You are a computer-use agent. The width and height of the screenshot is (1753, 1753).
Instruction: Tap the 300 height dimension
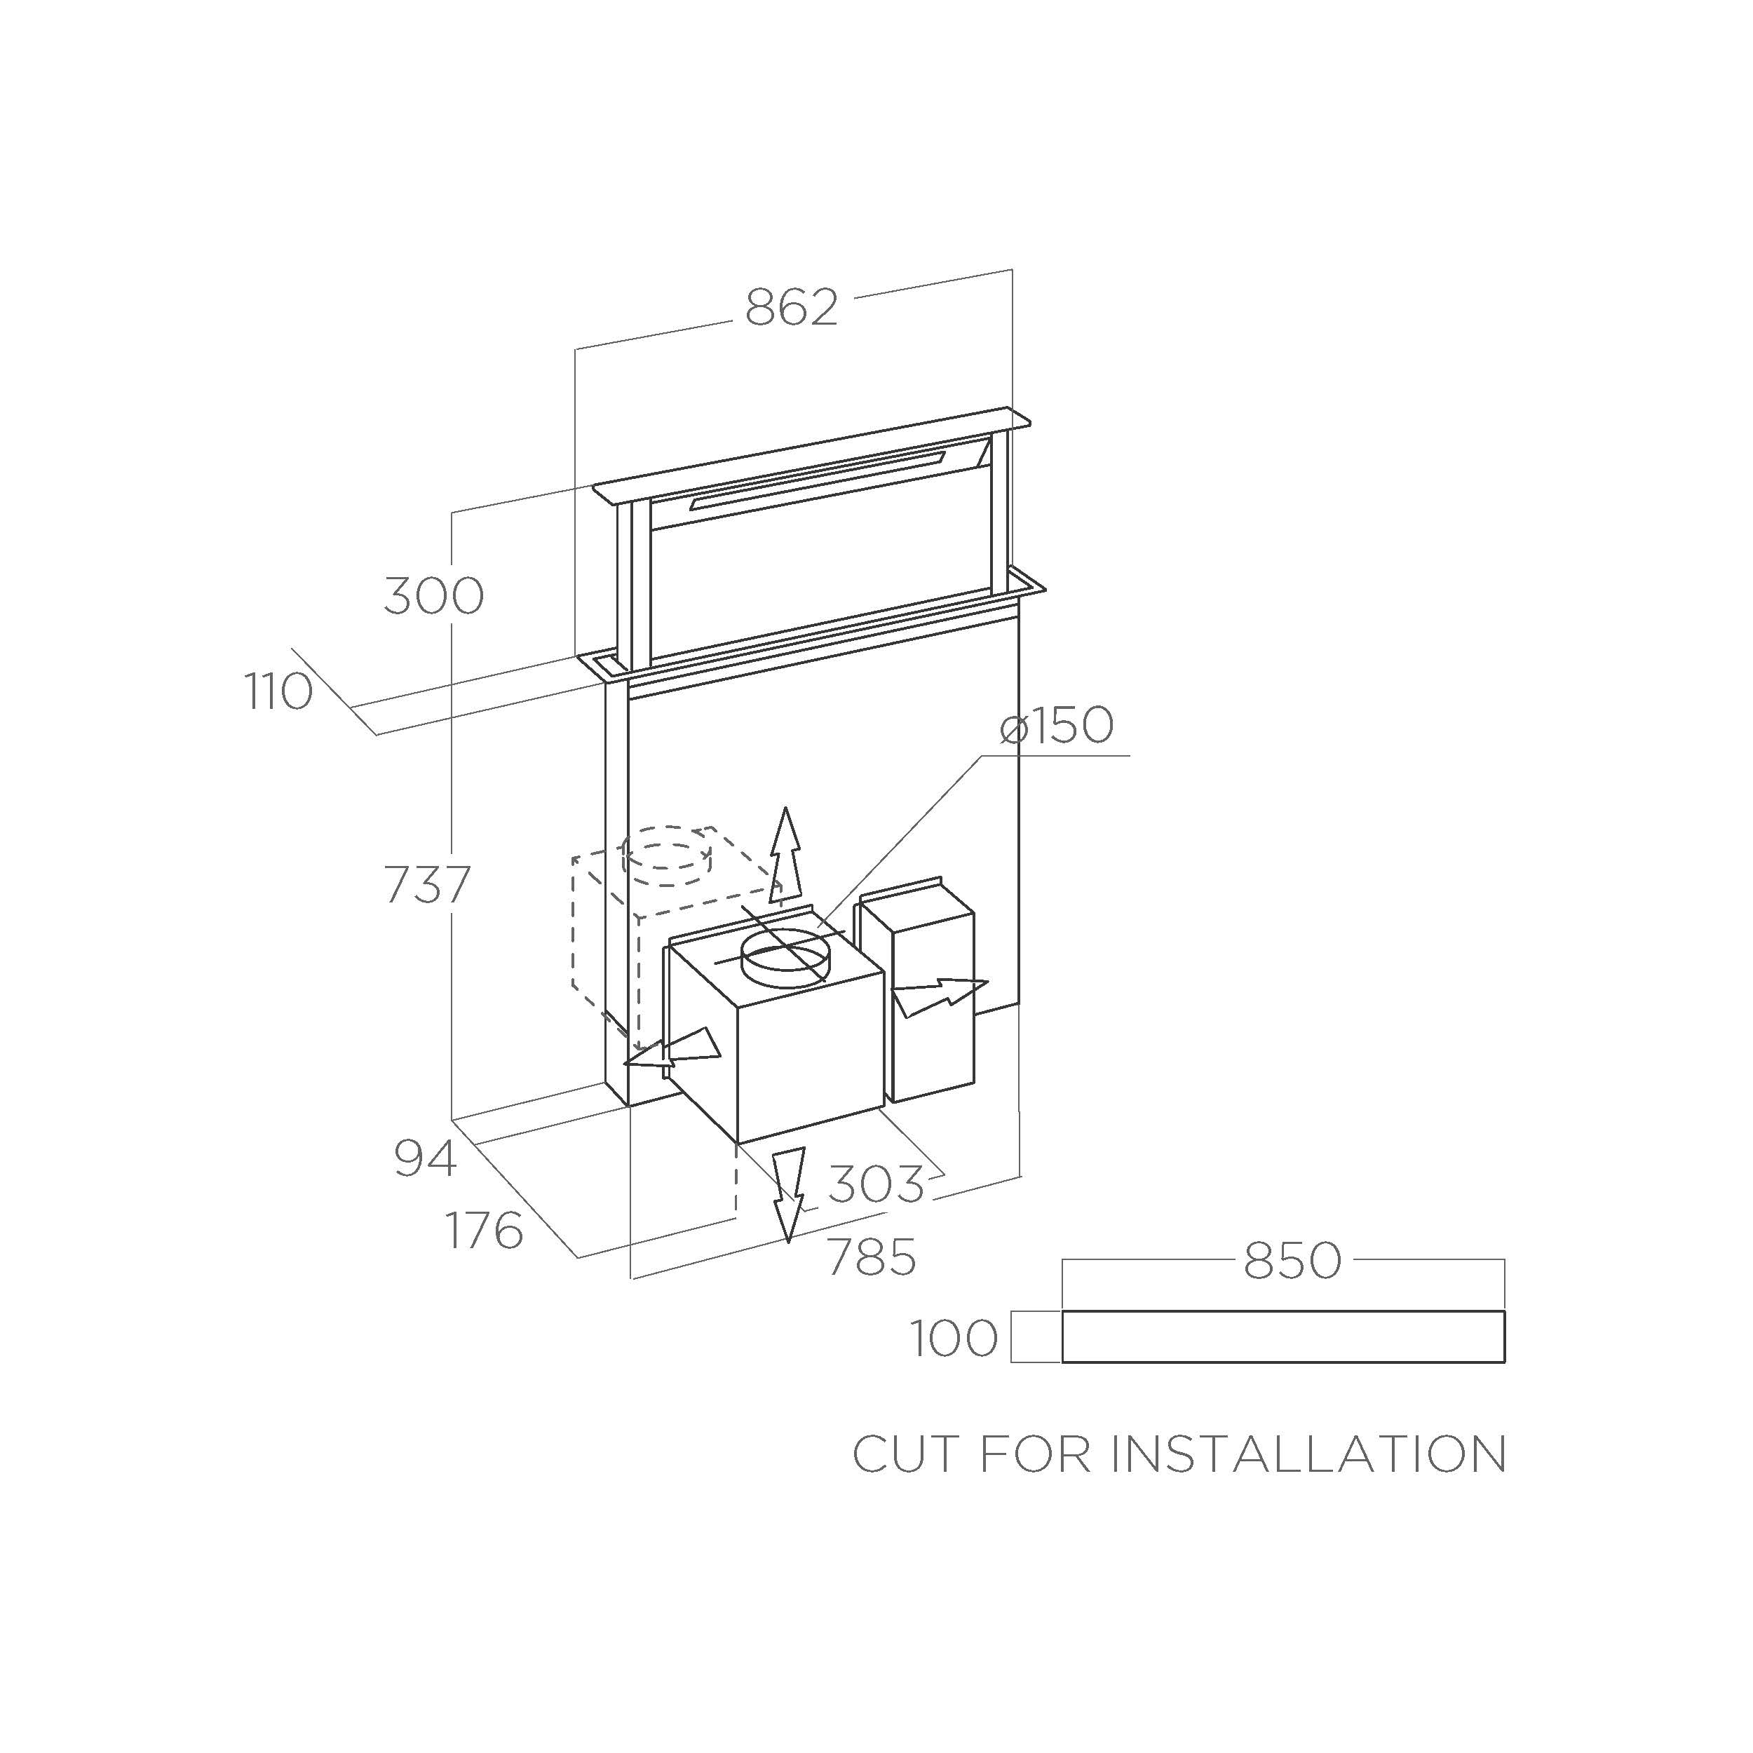tap(434, 596)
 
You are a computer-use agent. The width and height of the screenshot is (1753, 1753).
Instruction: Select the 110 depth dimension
tap(278, 691)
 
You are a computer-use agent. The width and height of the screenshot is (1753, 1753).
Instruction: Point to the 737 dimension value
tap(427, 885)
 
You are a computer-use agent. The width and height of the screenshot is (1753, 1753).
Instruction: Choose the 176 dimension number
tap(485, 1231)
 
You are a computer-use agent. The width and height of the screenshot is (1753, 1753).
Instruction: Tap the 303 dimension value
tap(876, 1184)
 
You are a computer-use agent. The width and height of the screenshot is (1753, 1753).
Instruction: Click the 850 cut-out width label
tap(1292, 1260)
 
